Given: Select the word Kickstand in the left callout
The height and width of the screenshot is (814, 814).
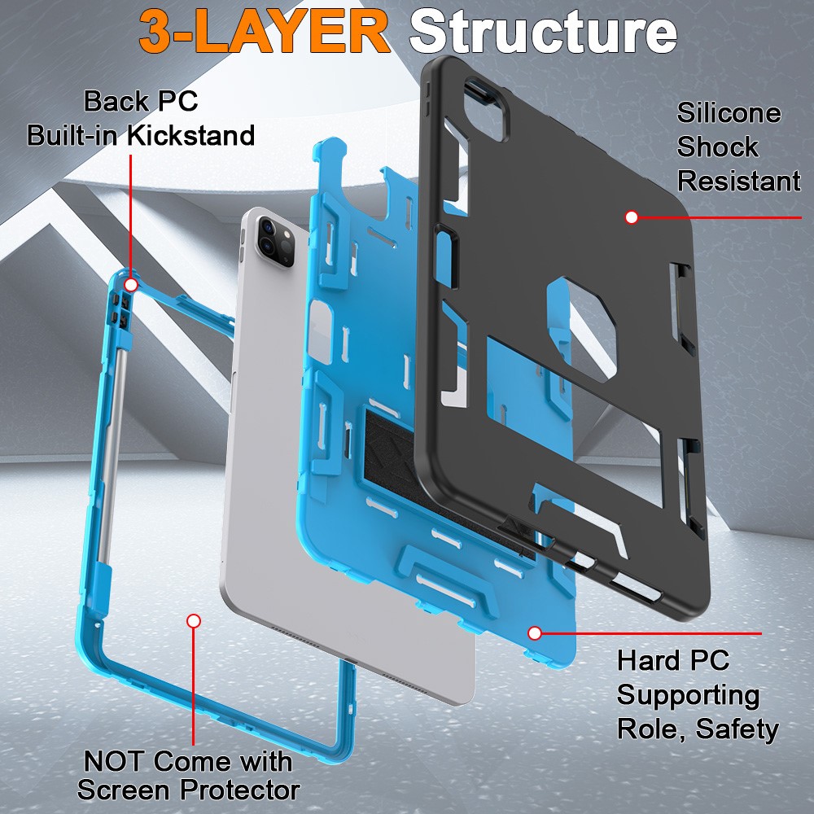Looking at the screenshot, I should (x=194, y=135).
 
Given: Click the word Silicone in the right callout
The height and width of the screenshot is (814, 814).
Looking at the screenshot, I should (x=729, y=113).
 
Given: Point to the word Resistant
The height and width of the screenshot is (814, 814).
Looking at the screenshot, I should (x=738, y=182).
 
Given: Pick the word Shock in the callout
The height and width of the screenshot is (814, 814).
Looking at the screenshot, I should (x=717, y=147).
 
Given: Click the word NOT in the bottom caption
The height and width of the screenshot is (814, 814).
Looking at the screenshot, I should (x=114, y=762).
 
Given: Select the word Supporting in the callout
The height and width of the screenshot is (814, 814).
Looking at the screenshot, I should (x=688, y=694).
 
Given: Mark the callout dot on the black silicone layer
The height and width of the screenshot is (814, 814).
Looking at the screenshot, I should (x=630, y=217).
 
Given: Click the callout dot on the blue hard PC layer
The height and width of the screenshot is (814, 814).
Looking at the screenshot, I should (x=534, y=632).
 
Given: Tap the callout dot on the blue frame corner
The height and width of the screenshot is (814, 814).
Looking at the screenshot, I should (x=131, y=284).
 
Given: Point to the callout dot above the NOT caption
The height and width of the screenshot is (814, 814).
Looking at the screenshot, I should (x=193, y=621).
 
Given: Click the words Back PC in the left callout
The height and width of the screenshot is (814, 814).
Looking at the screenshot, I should (x=141, y=102).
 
